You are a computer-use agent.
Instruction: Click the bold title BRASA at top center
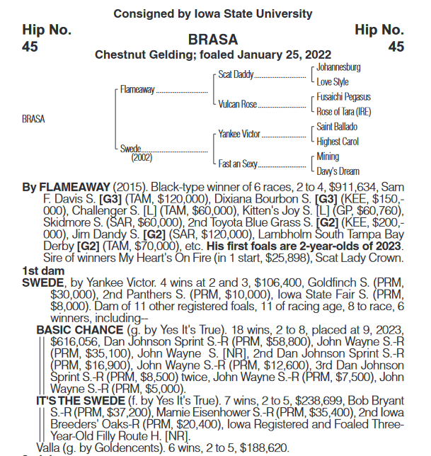pos(213,40)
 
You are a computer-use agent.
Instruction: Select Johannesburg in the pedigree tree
pos(338,67)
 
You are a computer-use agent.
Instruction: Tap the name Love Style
pos(333,82)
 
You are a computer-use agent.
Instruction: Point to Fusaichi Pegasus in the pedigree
pos(343,97)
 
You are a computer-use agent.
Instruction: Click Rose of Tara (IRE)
pos(344,112)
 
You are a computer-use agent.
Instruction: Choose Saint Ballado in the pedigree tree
pos(337,127)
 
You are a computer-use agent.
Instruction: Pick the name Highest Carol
pos(338,142)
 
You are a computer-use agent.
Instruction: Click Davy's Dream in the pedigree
pos(338,171)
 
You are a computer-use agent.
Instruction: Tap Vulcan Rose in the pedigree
pos(238,104)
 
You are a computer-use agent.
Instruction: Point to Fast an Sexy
pos(238,164)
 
